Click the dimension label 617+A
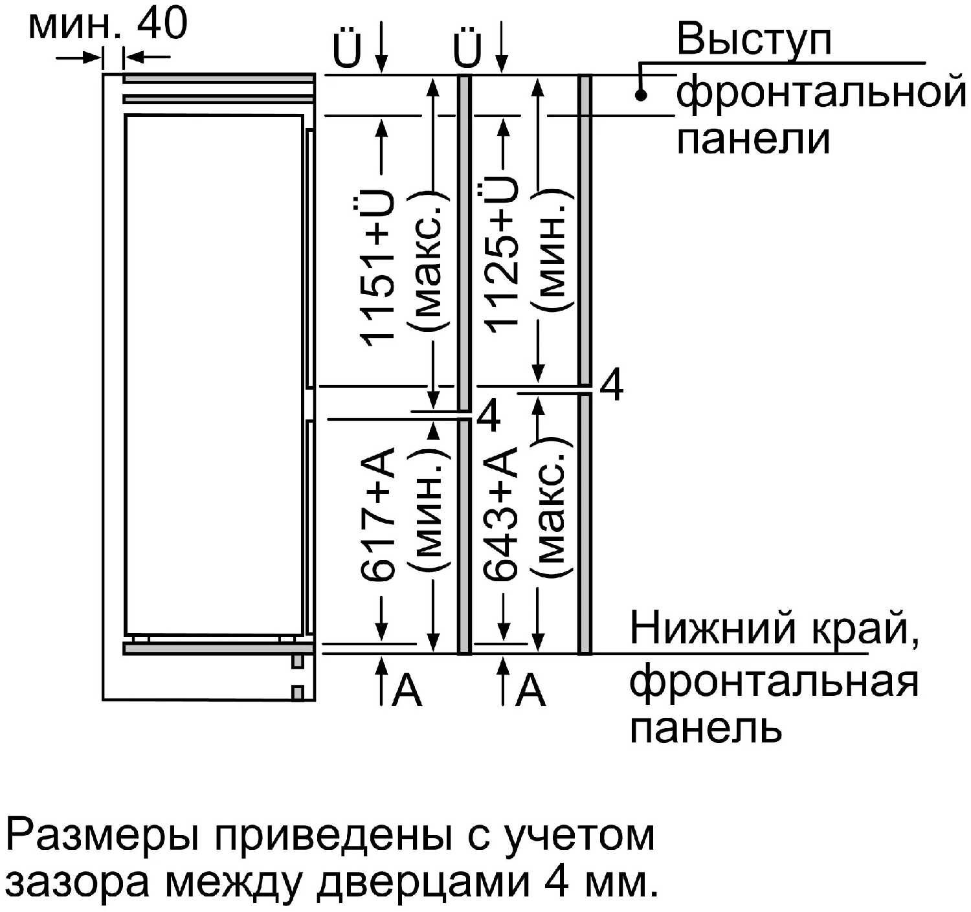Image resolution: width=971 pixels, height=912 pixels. (x=377, y=515)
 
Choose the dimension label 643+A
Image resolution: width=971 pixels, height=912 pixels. (x=502, y=514)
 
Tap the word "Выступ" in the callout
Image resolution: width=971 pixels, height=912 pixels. (x=753, y=40)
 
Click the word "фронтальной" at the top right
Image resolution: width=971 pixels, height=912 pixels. (x=821, y=91)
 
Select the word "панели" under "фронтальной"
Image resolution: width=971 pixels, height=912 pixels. (x=753, y=139)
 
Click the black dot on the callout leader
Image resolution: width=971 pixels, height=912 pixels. (x=641, y=96)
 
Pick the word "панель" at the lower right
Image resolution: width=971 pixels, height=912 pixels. (x=706, y=728)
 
